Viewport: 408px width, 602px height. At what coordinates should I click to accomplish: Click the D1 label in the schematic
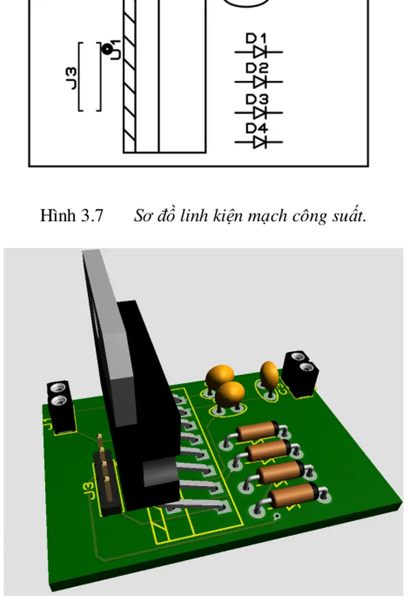click(x=257, y=38)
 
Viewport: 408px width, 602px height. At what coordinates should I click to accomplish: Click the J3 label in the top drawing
click(x=71, y=77)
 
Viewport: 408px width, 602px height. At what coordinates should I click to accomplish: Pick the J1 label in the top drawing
click(x=116, y=50)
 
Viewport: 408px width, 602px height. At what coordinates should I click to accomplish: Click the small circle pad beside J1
click(x=106, y=49)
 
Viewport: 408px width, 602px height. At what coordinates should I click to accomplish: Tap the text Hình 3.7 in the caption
click(x=71, y=216)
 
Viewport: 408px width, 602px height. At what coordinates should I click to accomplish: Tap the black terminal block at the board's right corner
click(x=301, y=373)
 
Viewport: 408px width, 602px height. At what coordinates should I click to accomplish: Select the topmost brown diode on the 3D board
click(x=260, y=431)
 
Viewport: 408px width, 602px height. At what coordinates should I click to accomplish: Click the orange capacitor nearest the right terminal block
click(x=269, y=375)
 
